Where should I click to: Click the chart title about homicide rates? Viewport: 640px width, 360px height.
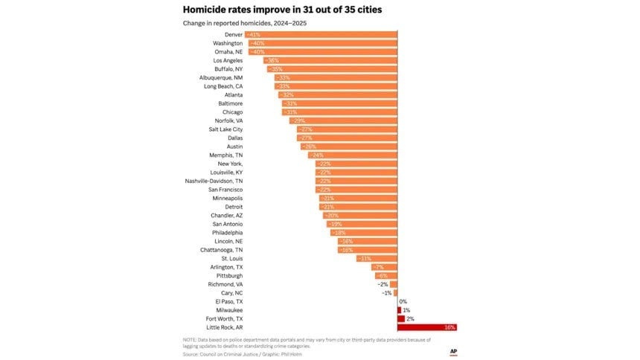coord(283,10)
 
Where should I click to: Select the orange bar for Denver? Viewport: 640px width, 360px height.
coord(321,35)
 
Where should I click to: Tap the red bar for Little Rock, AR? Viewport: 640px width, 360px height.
coord(427,327)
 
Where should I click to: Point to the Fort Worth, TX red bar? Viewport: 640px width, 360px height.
coord(401,319)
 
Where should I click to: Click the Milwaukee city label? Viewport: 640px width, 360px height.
coord(229,310)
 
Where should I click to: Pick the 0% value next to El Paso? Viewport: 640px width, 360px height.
coord(403,302)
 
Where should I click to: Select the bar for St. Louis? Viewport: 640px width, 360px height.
coord(377,258)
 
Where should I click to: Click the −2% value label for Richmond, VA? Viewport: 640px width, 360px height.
coord(383,284)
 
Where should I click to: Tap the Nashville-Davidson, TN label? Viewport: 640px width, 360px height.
coord(214,181)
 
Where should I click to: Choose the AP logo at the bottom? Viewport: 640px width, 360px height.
coord(453,351)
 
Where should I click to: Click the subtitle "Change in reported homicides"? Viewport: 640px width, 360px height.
coord(245,23)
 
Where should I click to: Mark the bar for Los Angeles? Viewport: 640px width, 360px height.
coord(330,60)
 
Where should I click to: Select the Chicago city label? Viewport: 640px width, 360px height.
coord(233,112)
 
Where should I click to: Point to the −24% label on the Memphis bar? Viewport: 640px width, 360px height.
coord(317,155)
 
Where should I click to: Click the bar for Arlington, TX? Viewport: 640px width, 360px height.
coord(384,267)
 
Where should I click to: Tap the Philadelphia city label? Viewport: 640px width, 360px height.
coord(227,233)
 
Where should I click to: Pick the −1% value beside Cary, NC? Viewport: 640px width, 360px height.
coord(386,293)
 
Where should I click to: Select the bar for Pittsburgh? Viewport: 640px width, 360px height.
coord(386,275)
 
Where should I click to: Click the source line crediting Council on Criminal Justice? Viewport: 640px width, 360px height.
coord(243,354)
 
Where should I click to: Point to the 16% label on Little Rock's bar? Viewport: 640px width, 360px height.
coord(449,327)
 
